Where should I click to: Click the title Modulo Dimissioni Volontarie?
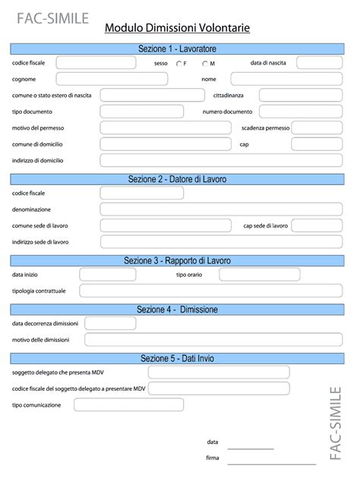click(x=177, y=28)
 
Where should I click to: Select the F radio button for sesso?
click(x=178, y=64)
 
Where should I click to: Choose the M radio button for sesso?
click(x=205, y=64)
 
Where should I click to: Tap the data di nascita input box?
click(x=319, y=63)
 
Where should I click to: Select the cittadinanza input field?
click(x=301, y=95)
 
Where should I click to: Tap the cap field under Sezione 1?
click(x=301, y=143)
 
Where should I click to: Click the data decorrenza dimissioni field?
click(x=110, y=323)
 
